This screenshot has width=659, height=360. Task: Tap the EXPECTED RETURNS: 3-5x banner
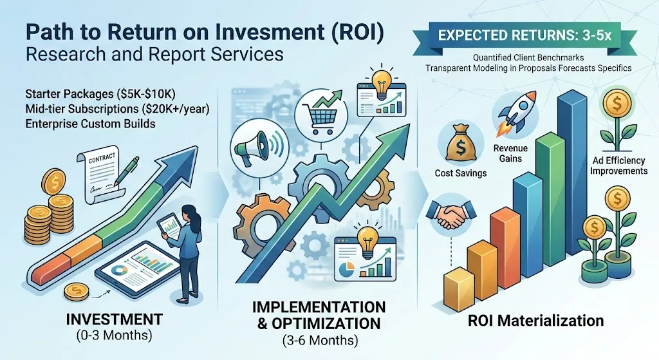[524, 35]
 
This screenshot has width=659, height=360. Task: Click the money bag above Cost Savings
[459, 144]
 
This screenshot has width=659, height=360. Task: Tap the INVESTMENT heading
[115, 319]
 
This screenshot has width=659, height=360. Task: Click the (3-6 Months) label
[320, 340]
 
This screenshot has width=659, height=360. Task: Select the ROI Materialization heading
[536, 321]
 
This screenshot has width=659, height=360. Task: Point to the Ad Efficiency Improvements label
[618, 166]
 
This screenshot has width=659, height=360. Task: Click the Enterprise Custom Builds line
[90, 124]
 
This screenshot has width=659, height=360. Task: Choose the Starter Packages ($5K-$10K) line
[100, 93]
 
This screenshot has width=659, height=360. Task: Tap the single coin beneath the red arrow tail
[76, 291]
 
